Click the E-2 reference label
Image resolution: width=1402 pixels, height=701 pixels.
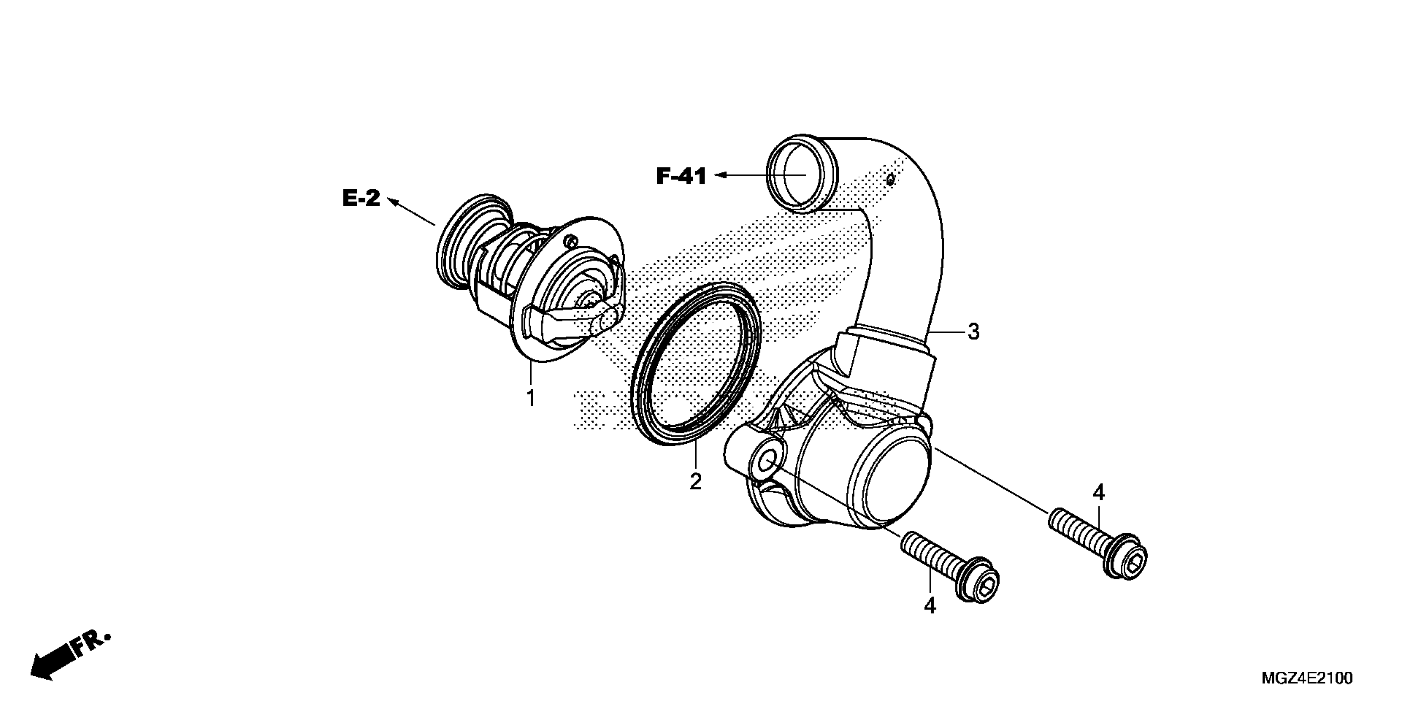(361, 198)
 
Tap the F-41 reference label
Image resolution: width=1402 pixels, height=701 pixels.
(681, 176)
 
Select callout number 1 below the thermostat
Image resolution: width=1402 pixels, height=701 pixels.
(531, 398)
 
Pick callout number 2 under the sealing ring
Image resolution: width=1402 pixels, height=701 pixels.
(695, 482)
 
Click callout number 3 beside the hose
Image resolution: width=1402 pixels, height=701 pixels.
(974, 332)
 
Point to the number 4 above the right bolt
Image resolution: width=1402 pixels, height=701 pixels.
(1099, 493)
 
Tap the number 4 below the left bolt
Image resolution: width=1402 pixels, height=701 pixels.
(930, 606)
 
